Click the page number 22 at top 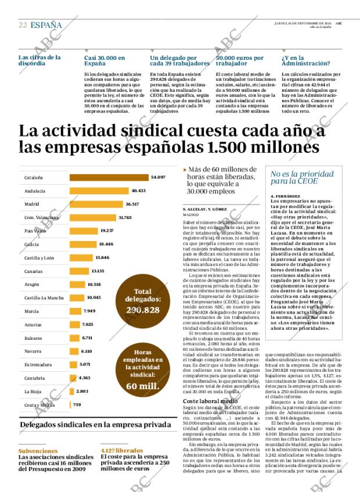click(x=22, y=25)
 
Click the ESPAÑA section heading click(x=46, y=25)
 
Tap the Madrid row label click(x=32, y=204)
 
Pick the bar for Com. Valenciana click(x=93, y=217)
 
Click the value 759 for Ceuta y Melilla click(x=77, y=404)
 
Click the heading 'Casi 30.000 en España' click(x=105, y=61)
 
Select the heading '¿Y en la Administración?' click(x=303, y=61)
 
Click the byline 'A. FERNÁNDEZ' click(x=285, y=196)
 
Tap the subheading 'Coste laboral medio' click(x=210, y=401)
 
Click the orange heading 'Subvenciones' click(x=38, y=451)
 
